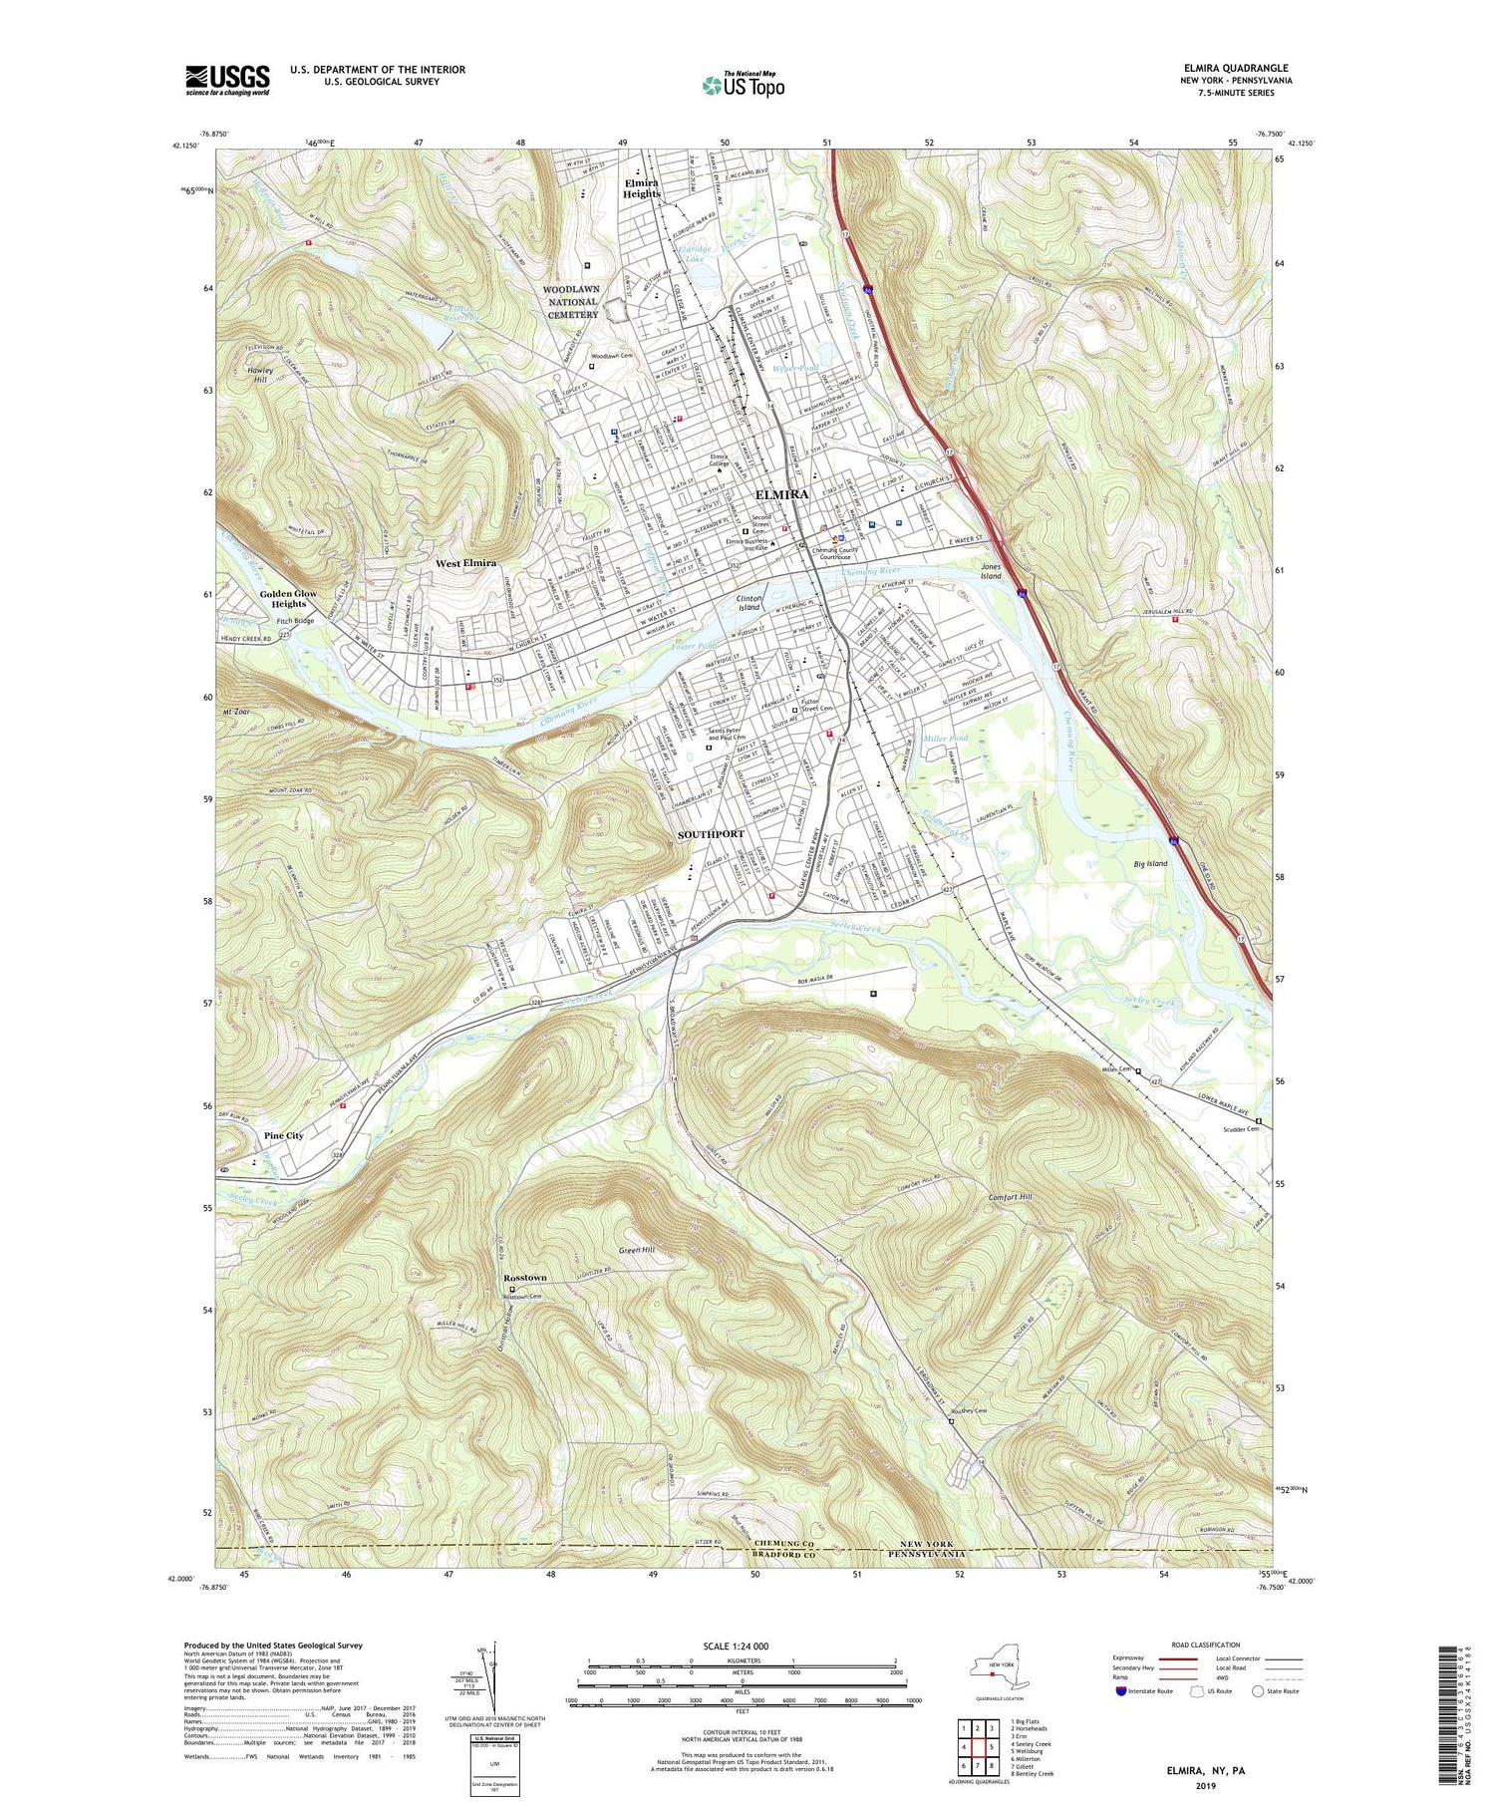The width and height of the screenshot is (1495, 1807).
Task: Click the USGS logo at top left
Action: point(227,80)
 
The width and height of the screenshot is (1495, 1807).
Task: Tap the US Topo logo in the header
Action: point(743,85)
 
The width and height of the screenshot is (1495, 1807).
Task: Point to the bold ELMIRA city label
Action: point(782,494)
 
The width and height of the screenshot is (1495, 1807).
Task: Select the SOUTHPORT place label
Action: point(711,833)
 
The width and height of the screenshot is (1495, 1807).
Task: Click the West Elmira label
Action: point(465,563)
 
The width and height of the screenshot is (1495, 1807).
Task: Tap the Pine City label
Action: point(284,1135)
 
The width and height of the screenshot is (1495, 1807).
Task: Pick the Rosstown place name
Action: point(524,1278)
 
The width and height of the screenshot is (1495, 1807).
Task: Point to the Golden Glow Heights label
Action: point(289,599)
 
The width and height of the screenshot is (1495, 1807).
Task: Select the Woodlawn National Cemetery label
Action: point(571,301)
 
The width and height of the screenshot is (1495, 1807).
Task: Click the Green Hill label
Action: point(636,1250)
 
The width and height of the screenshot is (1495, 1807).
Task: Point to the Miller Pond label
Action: point(946,739)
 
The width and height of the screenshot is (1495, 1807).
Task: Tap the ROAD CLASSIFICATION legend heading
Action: point(1205,1645)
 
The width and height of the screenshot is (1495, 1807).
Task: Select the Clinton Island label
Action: point(748,602)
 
